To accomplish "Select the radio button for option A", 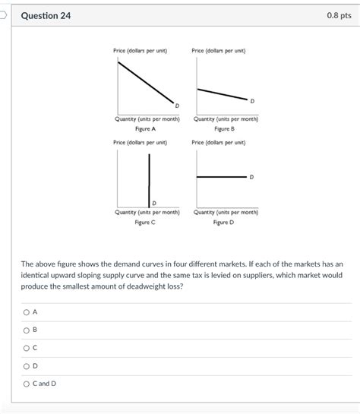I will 26,312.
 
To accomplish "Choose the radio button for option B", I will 26,330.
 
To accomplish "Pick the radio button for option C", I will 26,348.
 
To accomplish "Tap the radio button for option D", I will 26,365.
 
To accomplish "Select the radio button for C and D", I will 26,384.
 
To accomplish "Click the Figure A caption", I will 145,129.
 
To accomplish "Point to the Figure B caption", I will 224,129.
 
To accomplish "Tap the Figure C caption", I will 145,222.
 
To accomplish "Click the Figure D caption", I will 224,222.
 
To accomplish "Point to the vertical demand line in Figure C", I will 149,179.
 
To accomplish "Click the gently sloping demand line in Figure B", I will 222,93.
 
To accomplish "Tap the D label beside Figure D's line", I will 251,177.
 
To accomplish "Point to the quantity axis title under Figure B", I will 226,119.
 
